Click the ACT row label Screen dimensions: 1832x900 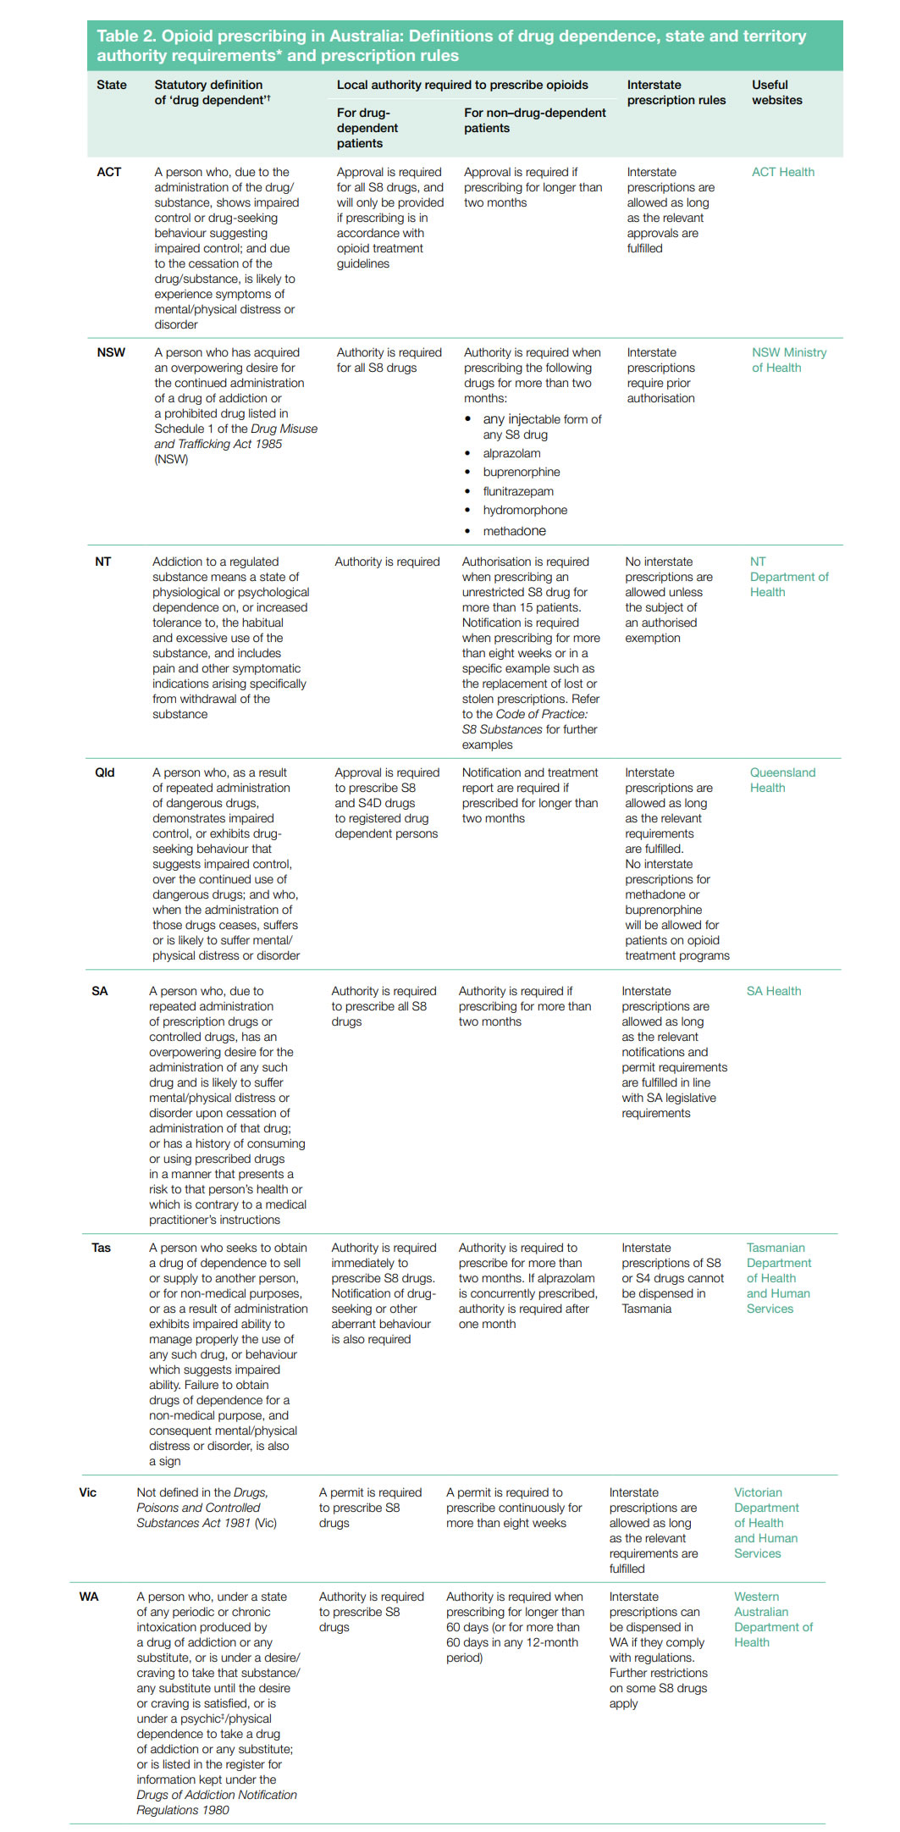click(108, 172)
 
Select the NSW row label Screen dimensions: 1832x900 click(111, 352)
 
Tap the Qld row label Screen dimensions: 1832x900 click(104, 772)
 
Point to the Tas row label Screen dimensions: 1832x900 click(101, 1248)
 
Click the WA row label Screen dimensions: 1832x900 click(89, 1597)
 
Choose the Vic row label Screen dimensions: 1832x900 click(88, 1492)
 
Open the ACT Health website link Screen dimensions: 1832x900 click(782, 172)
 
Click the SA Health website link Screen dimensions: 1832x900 click(773, 991)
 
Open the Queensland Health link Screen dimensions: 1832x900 click(782, 780)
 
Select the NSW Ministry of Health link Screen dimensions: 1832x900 click(788, 360)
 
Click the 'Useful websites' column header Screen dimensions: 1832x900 click(776, 92)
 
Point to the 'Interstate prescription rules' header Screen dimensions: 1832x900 click(676, 92)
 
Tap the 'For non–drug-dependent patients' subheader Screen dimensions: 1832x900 click(534, 120)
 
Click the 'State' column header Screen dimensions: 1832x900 click(112, 85)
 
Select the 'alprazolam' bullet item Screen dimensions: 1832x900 click(511, 453)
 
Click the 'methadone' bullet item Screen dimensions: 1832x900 click(514, 531)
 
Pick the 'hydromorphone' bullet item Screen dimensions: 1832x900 click(525, 510)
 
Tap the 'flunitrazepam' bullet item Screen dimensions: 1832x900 click(518, 491)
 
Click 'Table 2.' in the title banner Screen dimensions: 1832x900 click(125, 36)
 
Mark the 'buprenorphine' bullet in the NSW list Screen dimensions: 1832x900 click(521, 472)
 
